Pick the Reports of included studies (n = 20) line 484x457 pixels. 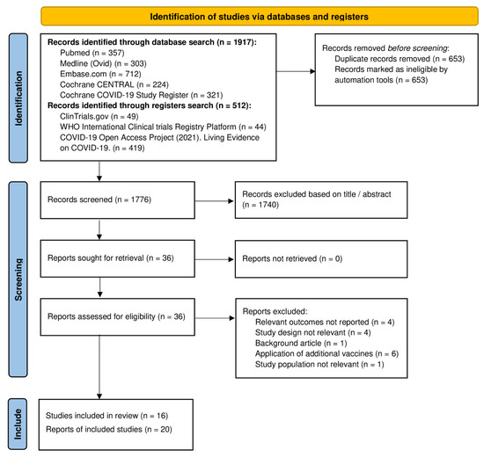[106, 427]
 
